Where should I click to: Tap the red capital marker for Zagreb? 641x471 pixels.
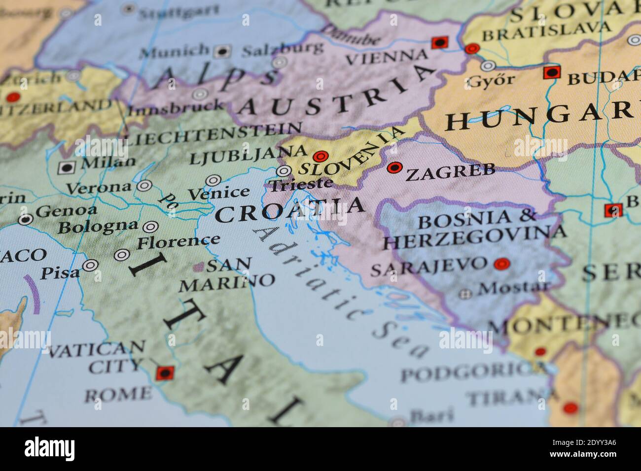(394, 168)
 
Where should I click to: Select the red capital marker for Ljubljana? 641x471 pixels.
(321, 156)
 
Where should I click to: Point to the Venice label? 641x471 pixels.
(219, 193)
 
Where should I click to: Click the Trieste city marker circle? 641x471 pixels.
(284, 171)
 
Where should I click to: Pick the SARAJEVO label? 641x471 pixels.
(428, 266)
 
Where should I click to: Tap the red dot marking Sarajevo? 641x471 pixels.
(501, 264)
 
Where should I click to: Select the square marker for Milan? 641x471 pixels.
(66, 168)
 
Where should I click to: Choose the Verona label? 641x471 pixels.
(99, 188)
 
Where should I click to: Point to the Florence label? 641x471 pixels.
(178, 241)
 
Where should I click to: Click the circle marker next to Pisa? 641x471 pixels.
(90, 265)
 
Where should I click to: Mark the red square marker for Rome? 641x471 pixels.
(164, 373)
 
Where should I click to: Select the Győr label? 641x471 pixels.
(491, 80)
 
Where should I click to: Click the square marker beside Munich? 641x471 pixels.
(223, 50)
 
